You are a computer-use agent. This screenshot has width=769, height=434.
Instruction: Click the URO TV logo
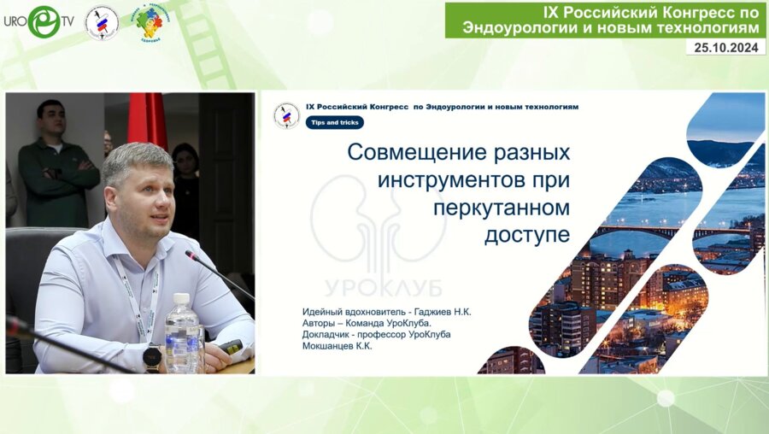click(x=38, y=21)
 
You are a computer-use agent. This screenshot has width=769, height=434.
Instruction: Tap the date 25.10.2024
click(x=725, y=47)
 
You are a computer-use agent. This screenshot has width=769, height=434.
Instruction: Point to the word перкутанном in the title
click(x=501, y=209)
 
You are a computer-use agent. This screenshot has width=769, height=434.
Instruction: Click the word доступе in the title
click(x=526, y=236)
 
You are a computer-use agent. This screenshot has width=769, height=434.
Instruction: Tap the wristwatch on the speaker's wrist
click(x=153, y=357)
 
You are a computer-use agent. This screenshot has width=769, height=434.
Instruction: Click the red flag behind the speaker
click(x=146, y=120)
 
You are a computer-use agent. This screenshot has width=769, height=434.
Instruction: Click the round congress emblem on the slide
click(x=286, y=115)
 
